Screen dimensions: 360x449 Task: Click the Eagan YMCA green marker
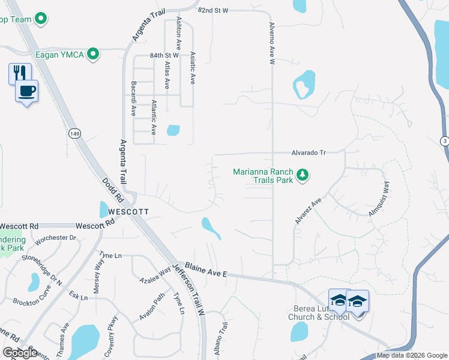93,55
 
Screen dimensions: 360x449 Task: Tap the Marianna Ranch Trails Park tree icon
304,175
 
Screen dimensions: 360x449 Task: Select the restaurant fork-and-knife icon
20,73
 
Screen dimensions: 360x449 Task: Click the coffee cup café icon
26,91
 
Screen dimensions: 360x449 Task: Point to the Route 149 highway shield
74,133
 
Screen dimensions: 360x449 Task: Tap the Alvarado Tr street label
309,153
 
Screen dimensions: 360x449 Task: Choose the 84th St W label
164,55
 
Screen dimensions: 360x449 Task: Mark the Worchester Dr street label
56,238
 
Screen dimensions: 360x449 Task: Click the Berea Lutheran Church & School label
318,313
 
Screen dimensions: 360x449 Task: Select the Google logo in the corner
20,352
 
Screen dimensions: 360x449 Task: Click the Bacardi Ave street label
133,98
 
